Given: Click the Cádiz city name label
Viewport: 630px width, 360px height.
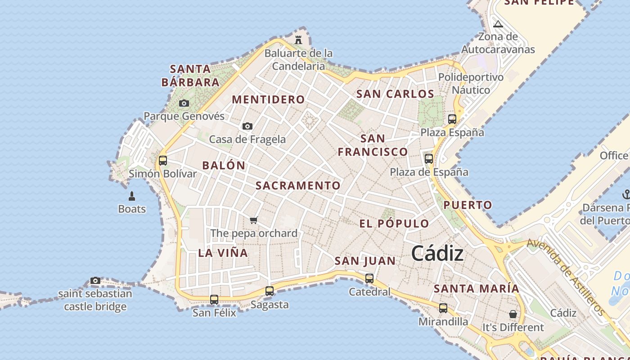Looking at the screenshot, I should tap(437, 254).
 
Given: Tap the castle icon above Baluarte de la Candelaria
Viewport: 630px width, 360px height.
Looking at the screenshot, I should tap(298, 40).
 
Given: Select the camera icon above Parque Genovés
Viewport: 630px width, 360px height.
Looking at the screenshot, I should tap(184, 103).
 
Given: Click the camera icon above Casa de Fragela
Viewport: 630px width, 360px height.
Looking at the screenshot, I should tap(247, 126).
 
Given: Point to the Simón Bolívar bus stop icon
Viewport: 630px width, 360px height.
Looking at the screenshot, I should tap(163, 160).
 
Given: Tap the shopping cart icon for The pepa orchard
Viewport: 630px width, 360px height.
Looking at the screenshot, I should tap(254, 220).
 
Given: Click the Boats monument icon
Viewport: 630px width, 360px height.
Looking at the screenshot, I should tap(132, 196).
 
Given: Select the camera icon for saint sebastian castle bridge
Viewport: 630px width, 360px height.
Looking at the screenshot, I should tap(95, 281).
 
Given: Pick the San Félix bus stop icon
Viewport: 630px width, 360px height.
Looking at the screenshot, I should tap(214, 299).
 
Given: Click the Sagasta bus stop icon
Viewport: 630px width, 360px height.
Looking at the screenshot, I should tap(270, 291).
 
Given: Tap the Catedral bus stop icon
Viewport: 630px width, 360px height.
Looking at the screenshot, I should tap(369, 279).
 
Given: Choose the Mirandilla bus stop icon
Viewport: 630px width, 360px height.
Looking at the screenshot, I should tap(443, 308).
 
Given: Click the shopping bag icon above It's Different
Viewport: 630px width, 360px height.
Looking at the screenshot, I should tap(513, 314).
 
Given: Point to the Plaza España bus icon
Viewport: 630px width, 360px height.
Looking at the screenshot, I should tap(452, 119).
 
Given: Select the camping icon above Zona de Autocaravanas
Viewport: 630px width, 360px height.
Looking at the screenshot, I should tap(498, 24).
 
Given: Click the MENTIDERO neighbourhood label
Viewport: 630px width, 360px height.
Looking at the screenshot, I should tap(268, 99).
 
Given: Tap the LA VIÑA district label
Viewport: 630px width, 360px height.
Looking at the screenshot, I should tap(223, 253).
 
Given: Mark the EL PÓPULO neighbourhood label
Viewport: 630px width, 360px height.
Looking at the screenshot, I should tap(394, 224).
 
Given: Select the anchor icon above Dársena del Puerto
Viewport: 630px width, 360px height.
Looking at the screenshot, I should tap(625, 194).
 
